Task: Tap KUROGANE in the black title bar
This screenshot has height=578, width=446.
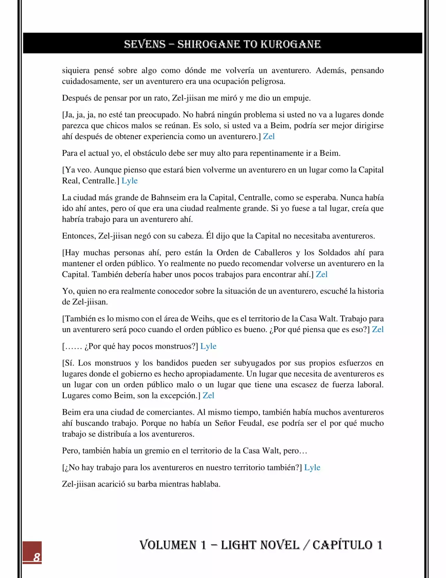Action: point(291,44)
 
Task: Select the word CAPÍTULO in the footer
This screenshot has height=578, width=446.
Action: point(342,545)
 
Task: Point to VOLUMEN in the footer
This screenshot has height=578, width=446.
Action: point(168,545)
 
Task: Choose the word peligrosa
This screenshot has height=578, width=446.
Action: point(267,81)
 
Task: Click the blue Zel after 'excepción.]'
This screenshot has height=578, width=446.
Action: point(208,395)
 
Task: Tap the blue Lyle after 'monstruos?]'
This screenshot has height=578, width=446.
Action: point(208,346)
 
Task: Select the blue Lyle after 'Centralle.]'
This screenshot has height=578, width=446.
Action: point(130,181)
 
